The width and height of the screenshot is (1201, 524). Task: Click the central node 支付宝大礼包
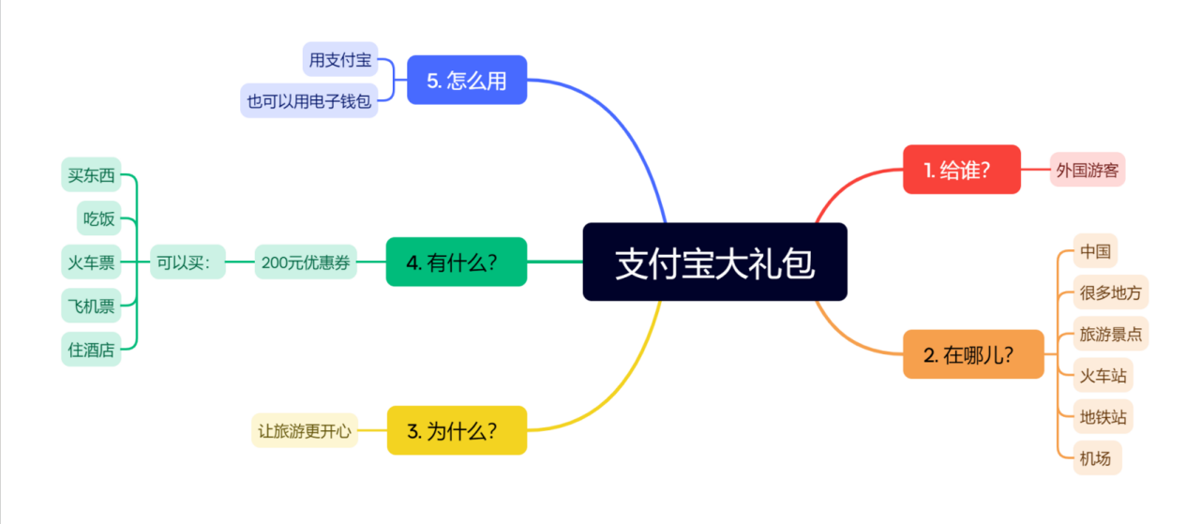click(x=714, y=262)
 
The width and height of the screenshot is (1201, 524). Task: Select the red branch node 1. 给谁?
click(x=961, y=170)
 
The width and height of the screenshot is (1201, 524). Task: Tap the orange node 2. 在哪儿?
click(x=972, y=354)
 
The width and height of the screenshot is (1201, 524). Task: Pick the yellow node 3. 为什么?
click(x=457, y=430)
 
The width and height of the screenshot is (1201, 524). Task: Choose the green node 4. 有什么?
click(x=457, y=262)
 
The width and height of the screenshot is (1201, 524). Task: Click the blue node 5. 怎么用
click(x=467, y=81)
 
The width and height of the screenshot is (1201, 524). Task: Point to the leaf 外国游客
click(x=1088, y=170)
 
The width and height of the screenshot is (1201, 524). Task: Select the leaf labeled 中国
click(x=1095, y=251)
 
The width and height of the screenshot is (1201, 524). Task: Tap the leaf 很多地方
click(x=1111, y=292)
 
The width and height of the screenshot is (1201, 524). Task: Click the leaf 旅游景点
click(x=1111, y=334)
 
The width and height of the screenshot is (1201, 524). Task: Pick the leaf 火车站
click(x=1103, y=376)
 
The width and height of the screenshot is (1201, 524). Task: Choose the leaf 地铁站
click(x=1103, y=417)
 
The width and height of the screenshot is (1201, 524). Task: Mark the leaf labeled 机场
click(x=1095, y=458)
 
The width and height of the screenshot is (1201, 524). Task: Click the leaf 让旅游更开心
click(x=305, y=431)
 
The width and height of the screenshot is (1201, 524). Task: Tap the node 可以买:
click(x=188, y=262)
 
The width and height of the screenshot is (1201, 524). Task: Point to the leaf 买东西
click(x=91, y=175)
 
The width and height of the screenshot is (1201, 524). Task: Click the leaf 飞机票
click(x=91, y=306)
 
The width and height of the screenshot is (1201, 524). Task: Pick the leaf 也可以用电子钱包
click(x=308, y=100)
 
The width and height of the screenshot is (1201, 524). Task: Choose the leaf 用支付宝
click(x=339, y=60)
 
